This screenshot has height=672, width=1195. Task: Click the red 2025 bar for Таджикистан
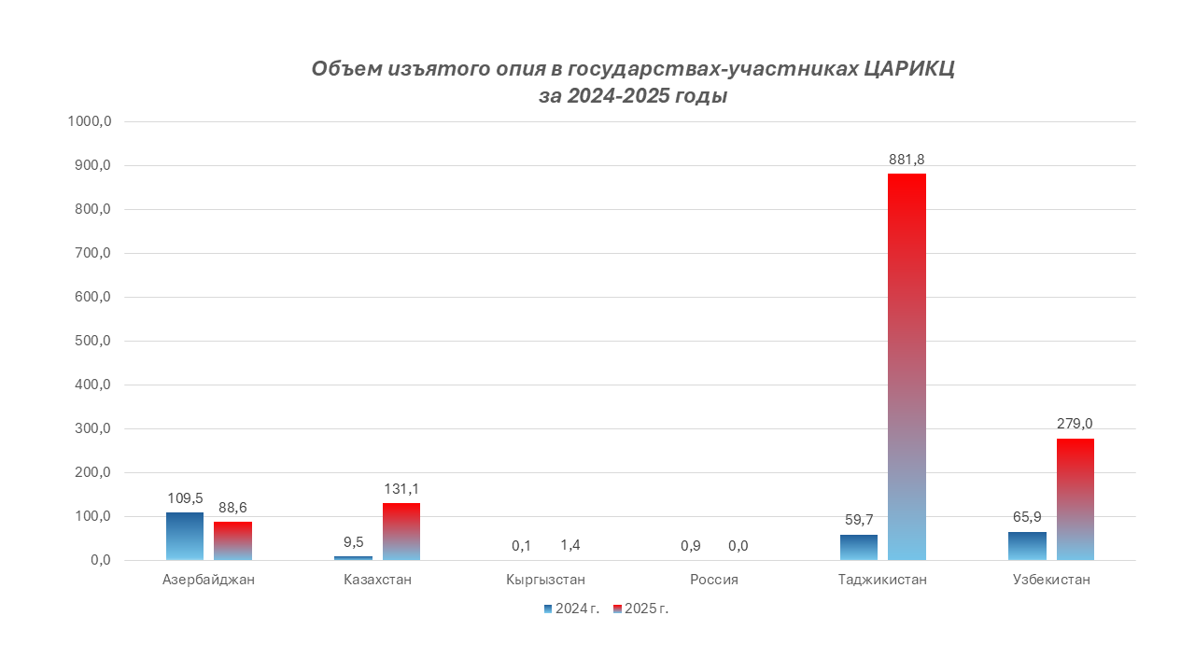tap(907, 367)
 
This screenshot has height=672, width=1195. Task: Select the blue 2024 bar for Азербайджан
tap(185, 536)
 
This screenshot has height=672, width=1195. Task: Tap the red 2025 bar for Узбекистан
tap(1075, 499)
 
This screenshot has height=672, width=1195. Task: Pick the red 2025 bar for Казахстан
tap(401, 531)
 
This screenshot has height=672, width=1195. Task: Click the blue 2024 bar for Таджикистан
tap(858, 547)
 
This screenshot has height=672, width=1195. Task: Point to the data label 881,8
tap(907, 160)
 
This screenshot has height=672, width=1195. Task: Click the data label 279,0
tap(1075, 424)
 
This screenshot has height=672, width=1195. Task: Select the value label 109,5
tap(185, 498)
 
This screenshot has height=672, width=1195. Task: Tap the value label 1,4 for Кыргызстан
tap(570, 545)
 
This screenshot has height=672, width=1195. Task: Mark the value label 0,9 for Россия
tap(690, 545)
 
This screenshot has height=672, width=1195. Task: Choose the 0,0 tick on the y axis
tap(100, 561)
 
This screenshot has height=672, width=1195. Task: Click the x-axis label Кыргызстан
tap(546, 580)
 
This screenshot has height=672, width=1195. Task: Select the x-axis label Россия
tap(714, 580)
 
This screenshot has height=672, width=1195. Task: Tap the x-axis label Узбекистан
tap(1051, 580)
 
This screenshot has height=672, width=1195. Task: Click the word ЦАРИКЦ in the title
tap(908, 69)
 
